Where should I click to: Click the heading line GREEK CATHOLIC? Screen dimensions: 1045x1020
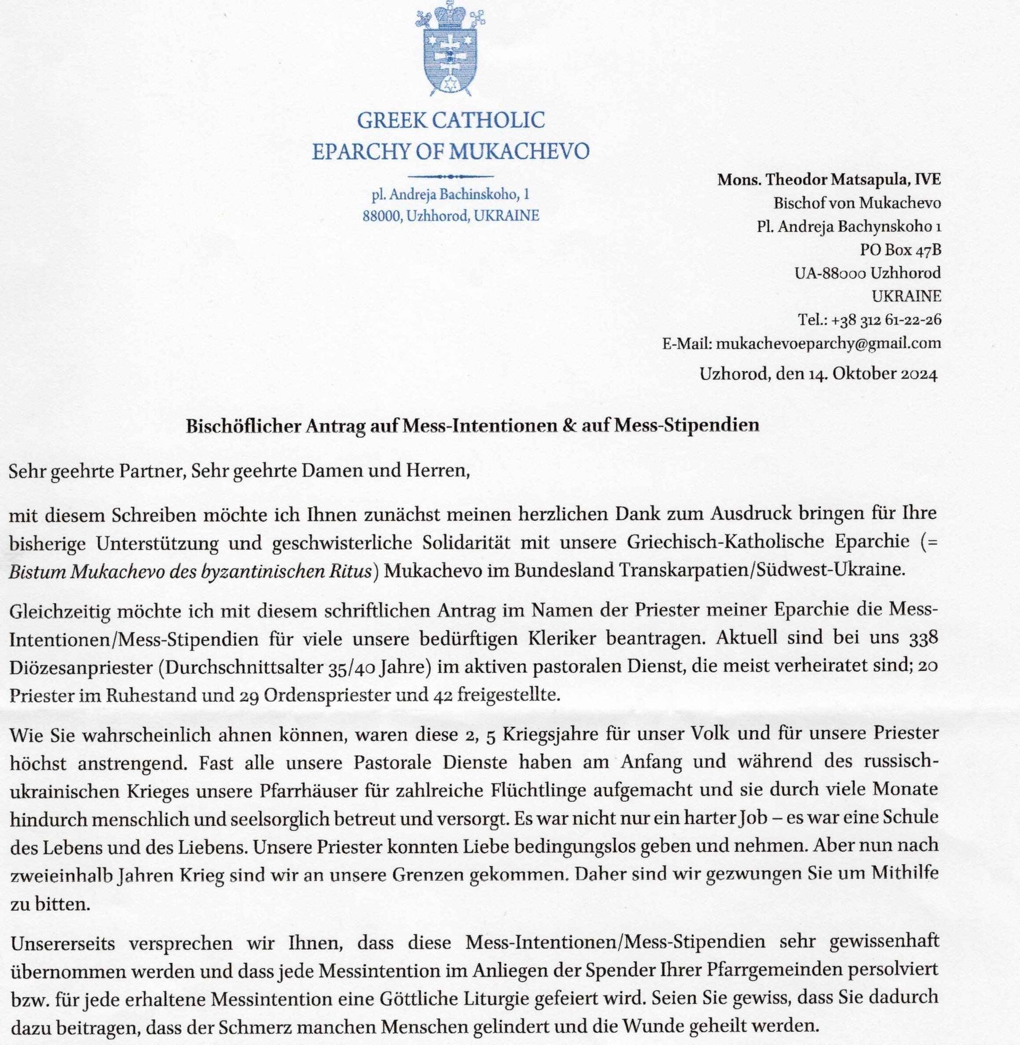pos(450,120)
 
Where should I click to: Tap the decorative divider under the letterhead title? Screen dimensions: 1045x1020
pos(450,176)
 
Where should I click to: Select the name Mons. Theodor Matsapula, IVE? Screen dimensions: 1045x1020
pos(829,180)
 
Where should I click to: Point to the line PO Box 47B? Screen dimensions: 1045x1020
pos(900,250)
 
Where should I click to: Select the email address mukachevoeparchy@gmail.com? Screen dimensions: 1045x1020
pos(828,343)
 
